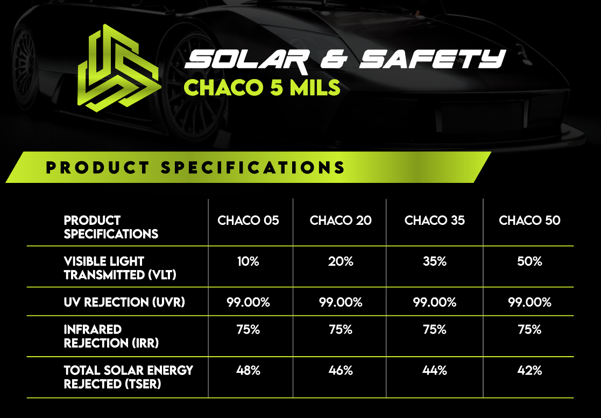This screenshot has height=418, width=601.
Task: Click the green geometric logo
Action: pos(119,68)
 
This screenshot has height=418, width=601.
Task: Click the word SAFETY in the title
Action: pos(433,59)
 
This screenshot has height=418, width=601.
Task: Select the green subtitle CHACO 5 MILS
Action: pos(262,87)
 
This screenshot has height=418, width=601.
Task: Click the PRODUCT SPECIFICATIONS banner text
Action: pos(195,167)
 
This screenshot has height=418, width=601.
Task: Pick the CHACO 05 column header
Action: pos(249,221)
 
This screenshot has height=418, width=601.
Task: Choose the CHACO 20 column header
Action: pos(341,221)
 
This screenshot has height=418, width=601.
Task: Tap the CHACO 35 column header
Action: pos(435,221)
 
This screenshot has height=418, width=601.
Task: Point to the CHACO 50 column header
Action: pos(529,221)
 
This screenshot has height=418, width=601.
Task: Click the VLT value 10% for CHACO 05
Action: pos(249,261)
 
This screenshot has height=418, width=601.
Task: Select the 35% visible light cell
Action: pos(435,261)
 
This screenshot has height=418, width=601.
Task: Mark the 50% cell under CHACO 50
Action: pos(529,261)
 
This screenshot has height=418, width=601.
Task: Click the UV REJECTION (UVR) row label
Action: pos(124,302)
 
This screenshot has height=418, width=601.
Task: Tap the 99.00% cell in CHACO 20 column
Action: pos(341,302)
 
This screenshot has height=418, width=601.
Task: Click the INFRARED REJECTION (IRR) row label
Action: pos(111,336)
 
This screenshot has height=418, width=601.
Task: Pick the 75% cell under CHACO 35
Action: pos(435,329)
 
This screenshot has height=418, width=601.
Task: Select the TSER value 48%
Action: pos(249,371)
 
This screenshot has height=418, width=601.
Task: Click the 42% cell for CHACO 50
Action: pos(529,371)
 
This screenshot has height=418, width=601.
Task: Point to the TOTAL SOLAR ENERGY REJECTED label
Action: pos(129,377)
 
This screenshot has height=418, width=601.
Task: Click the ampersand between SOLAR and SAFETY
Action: pos(334,59)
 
